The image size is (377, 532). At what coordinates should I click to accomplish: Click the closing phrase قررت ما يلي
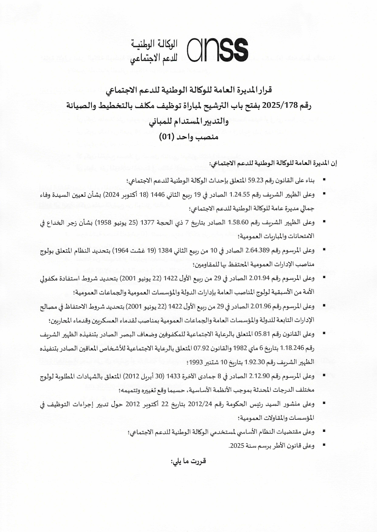[x=188, y=461]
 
